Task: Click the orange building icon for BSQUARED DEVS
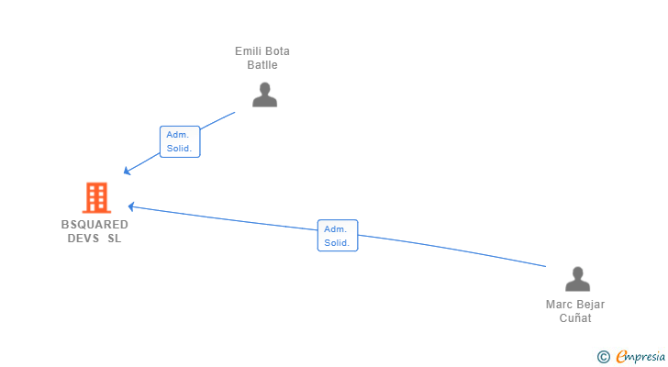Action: [95, 197]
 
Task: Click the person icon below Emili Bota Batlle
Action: [264, 95]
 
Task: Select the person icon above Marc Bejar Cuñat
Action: [577, 279]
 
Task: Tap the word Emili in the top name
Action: [249, 51]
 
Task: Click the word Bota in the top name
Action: [277, 51]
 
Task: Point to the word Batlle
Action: [262, 65]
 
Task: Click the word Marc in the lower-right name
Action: [559, 305]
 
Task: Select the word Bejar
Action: [590, 305]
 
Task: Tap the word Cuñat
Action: [575, 318]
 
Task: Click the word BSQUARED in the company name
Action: [95, 224]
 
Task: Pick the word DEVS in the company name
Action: [83, 239]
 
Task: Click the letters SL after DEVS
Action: [114, 239]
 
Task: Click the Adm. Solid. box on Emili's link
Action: [179, 141]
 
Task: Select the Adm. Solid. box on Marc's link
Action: [337, 236]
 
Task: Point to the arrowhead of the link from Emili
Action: [127, 172]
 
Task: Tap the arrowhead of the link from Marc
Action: [131, 206]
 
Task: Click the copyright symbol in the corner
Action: [603, 357]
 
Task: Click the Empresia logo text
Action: [640, 357]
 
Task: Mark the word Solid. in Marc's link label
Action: [337, 243]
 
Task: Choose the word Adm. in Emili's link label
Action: [177, 135]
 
